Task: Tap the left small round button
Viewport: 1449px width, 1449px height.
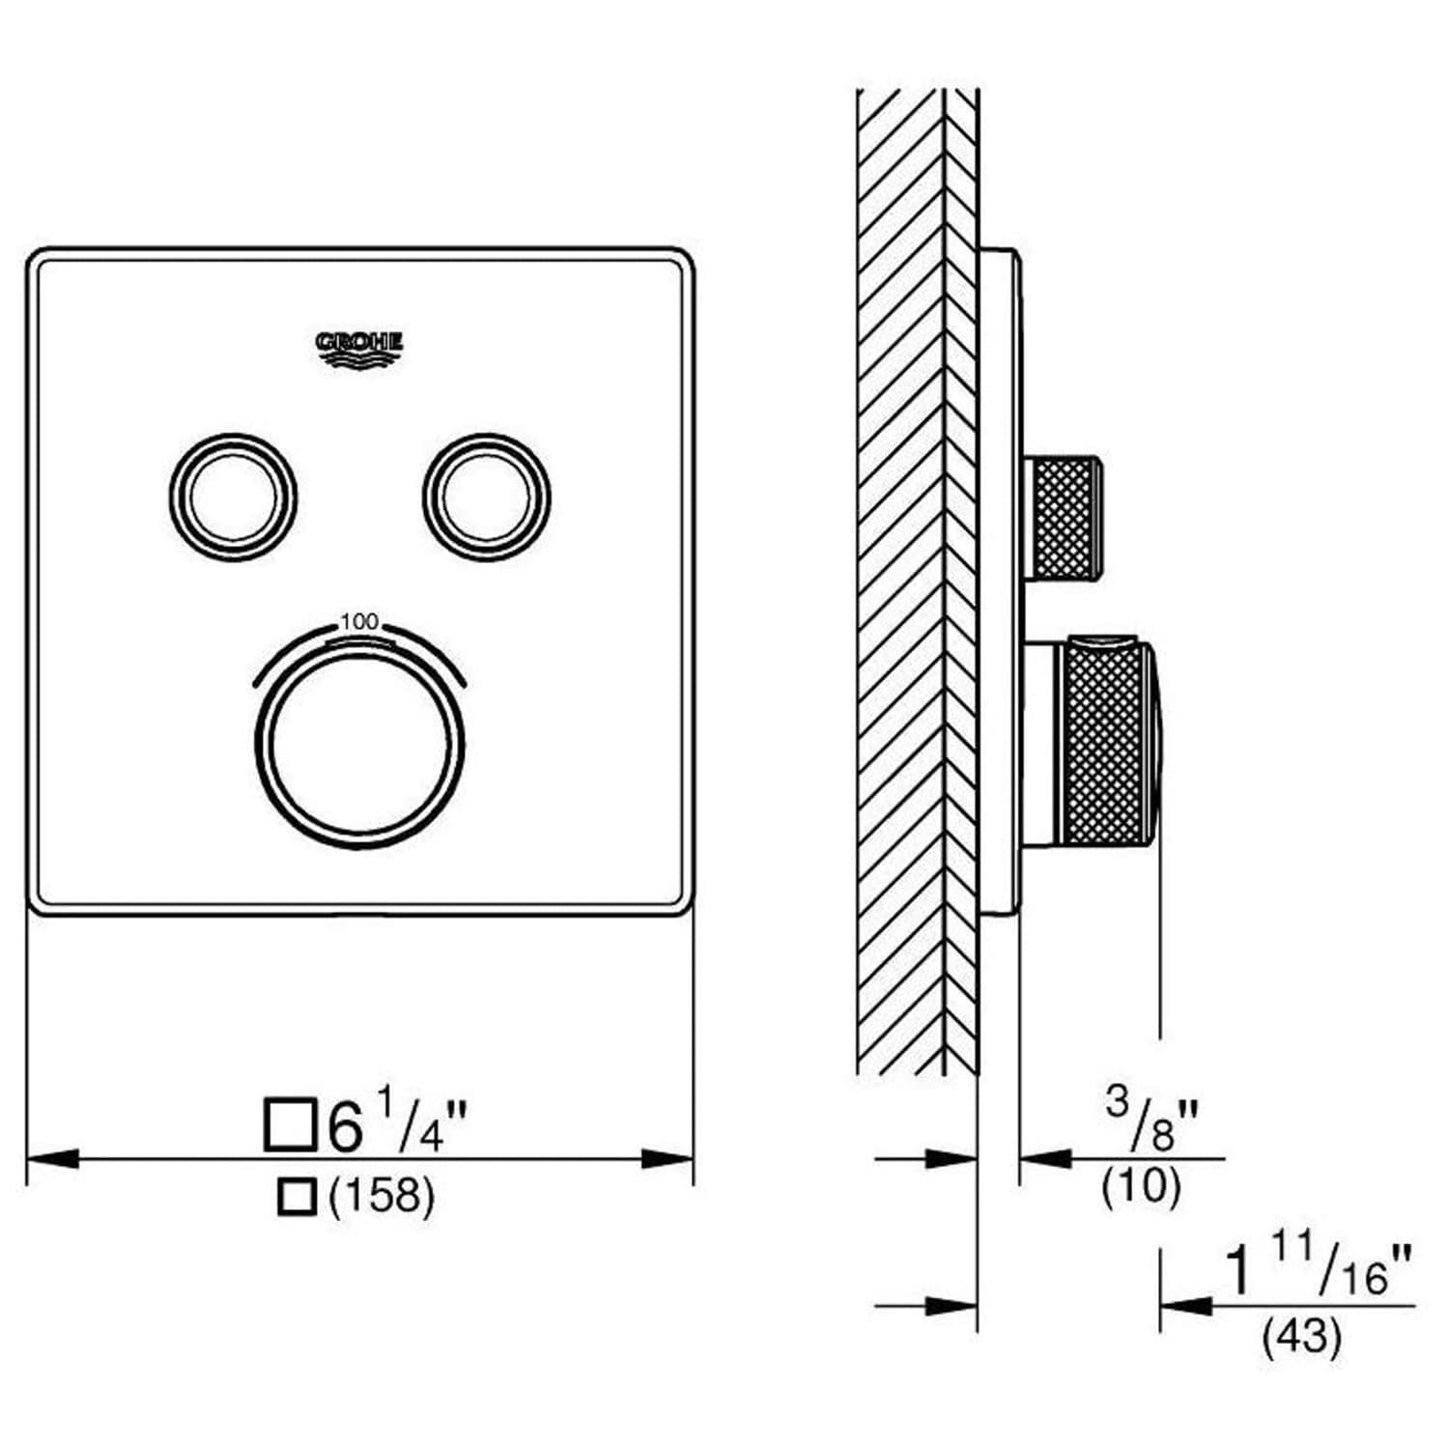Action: (233, 497)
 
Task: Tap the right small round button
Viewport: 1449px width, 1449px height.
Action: (486, 497)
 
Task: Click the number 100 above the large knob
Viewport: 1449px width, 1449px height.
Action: (359, 622)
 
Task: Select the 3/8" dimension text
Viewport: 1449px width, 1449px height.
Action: (1151, 1120)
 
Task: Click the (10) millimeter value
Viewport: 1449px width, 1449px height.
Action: (1141, 1186)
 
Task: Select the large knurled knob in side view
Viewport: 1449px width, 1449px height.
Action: (1106, 743)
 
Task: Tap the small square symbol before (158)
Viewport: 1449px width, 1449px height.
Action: (296, 1196)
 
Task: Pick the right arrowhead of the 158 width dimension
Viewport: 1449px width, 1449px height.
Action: (668, 1157)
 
